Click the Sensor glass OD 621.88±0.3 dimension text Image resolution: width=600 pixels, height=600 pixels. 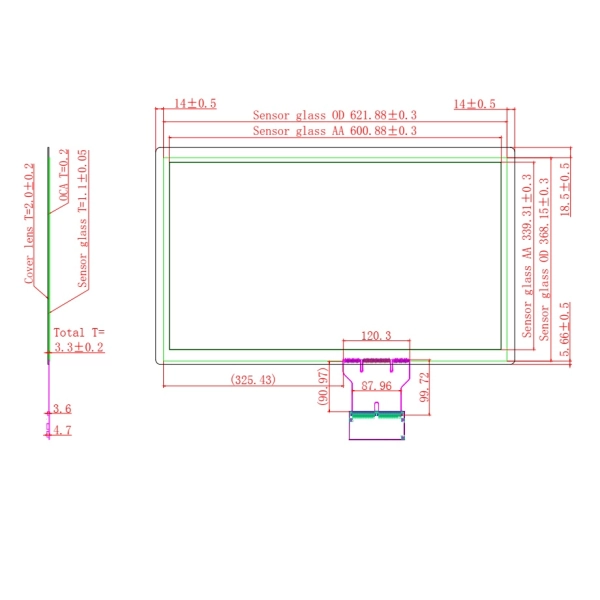[x=334, y=115]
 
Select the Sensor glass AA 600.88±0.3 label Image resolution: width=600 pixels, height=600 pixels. [x=334, y=130]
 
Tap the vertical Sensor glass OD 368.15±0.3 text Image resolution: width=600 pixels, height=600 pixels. [x=545, y=258]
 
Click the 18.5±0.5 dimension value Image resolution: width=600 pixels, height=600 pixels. [x=565, y=189]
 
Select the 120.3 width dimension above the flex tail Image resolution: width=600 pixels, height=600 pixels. [x=375, y=336]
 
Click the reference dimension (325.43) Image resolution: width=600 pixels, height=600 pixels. [x=255, y=380]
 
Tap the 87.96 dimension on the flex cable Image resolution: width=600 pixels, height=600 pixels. [x=375, y=386]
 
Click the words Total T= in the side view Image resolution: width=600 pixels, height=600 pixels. [x=79, y=332]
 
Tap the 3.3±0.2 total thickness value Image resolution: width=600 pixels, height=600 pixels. [x=79, y=347]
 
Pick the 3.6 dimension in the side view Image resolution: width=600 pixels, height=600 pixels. [x=62, y=408]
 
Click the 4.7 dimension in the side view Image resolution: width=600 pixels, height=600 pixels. [x=62, y=430]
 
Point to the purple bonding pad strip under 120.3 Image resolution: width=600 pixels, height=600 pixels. [x=376, y=359]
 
